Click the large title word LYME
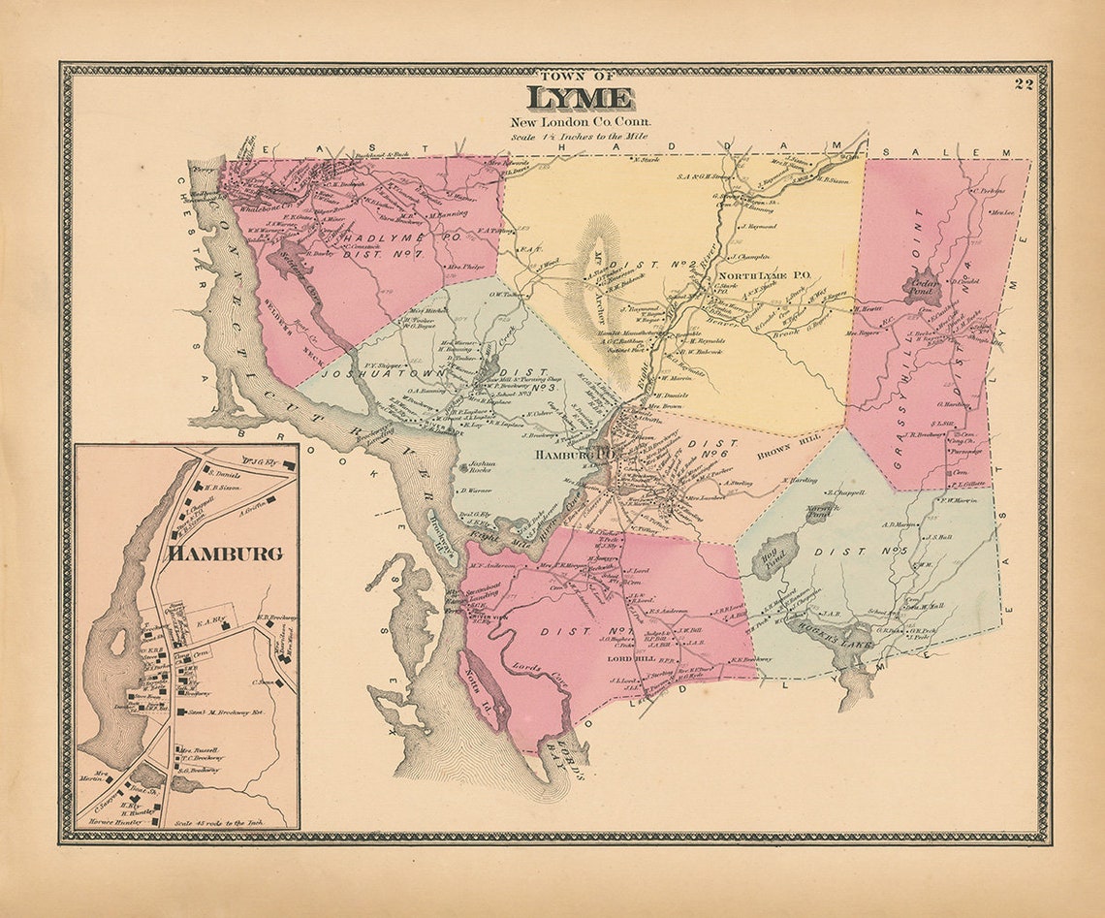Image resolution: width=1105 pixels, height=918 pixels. pyautogui.click(x=581, y=99)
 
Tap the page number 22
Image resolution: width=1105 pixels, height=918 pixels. pyautogui.click(x=1024, y=84)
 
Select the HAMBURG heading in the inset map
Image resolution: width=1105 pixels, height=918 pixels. pyautogui.click(x=225, y=554)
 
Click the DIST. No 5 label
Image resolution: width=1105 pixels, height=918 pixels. pyautogui.click(x=866, y=554)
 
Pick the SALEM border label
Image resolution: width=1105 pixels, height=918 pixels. pyautogui.click(x=972, y=153)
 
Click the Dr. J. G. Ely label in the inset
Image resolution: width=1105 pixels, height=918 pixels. pyautogui.click(x=261, y=462)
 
